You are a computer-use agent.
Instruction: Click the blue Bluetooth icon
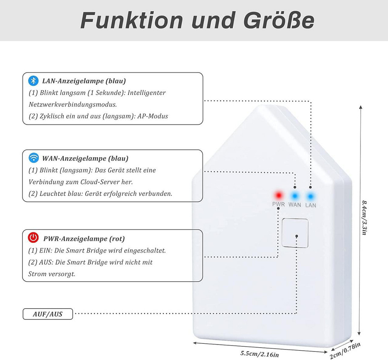(x=33, y=81)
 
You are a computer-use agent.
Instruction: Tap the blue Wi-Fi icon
(x=34, y=157)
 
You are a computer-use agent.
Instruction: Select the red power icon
(x=33, y=237)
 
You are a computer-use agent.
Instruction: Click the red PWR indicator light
(x=279, y=196)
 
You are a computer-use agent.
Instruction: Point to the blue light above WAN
(x=294, y=196)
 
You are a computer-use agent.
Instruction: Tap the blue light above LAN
(x=310, y=196)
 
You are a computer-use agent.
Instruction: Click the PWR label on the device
(x=278, y=204)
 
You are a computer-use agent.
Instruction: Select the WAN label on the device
(x=295, y=205)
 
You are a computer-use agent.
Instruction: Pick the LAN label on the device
(x=310, y=205)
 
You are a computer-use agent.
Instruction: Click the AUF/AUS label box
(x=48, y=314)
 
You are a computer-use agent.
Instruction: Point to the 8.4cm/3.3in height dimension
(x=364, y=218)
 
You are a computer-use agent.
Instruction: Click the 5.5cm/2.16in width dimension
(x=260, y=354)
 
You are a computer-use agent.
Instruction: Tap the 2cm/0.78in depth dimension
(x=345, y=351)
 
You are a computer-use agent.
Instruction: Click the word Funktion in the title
(x=132, y=20)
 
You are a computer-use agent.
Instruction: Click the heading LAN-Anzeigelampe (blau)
(x=84, y=81)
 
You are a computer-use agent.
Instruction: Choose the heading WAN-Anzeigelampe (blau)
(x=85, y=158)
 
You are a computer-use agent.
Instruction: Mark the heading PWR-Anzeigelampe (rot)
(x=84, y=239)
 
